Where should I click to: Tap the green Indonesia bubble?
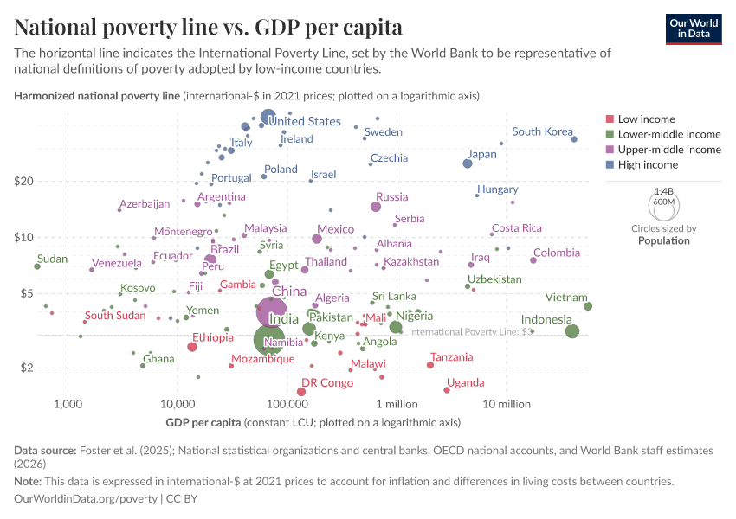tap(571, 331)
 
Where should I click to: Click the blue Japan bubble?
tap(468, 163)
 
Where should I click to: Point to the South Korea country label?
tap(542, 131)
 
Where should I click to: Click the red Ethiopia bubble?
tap(192, 347)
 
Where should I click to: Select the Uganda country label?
tap(465, 382)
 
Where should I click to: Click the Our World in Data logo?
tap(693, 29)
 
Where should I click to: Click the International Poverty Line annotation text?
tap(469, 331)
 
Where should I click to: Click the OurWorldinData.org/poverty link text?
tap(86, 499)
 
